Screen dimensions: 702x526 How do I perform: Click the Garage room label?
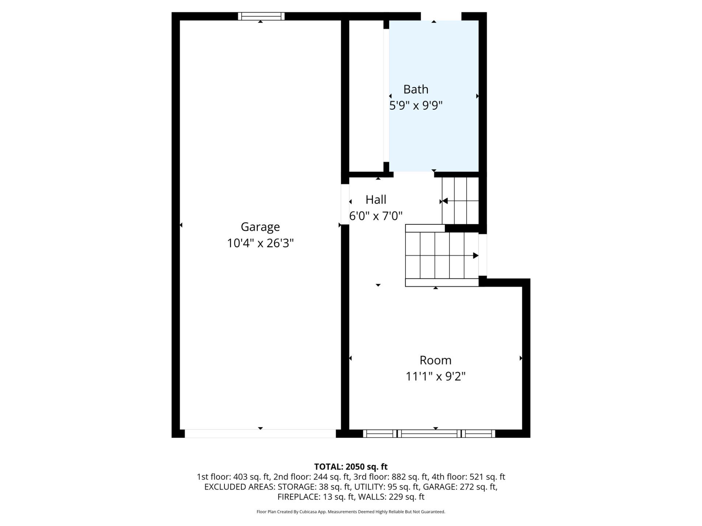[x=260, y=227]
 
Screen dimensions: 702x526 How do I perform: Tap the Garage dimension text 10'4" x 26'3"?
[x=260, y=243]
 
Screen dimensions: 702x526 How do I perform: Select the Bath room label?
[x=416, y=89]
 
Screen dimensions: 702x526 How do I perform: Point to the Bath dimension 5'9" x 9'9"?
[x=416, y=106]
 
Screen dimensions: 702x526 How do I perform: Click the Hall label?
[x=376, y=200]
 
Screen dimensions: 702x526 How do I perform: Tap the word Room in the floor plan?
[x=435, y=360]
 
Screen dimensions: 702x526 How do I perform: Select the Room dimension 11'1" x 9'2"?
[x=435, y=376]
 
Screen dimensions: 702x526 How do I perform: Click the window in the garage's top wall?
[x=261, y=16]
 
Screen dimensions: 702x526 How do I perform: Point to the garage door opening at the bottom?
[x=260, y=434]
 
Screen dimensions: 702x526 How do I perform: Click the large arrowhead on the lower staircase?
[x=476, y=256]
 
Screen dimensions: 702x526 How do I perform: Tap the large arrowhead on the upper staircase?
[x=445, y=201]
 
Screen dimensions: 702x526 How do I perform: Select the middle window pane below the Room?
[x=429, y=434]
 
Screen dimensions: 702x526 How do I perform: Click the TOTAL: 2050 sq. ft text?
[x=351, y=467]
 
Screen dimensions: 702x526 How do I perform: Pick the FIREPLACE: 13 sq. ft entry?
[x=316, y=497]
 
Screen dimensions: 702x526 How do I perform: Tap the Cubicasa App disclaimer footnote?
[x=351, y=512]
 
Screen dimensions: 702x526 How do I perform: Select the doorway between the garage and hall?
[x=345, y=204]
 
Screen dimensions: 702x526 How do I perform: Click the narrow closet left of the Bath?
[x=366, y=96]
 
